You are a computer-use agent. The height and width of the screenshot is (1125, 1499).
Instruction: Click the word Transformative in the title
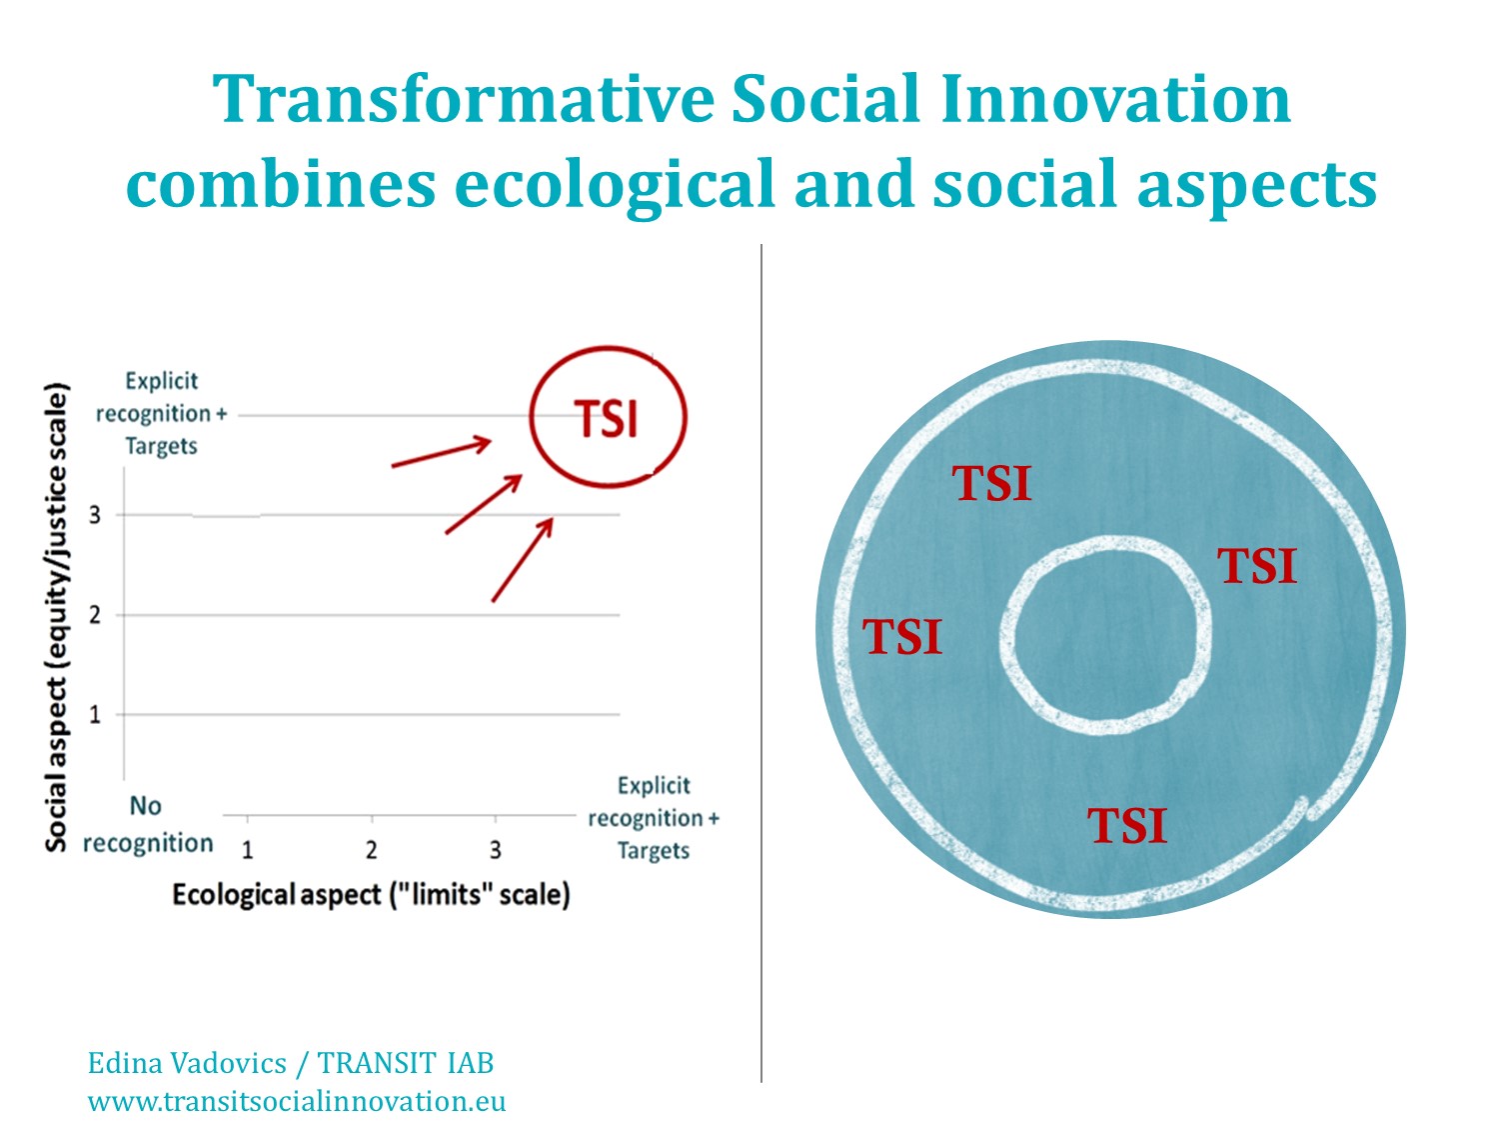464,99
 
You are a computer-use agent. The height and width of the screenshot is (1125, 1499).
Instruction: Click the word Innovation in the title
1115,99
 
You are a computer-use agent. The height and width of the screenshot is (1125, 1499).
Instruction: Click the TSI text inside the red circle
606,418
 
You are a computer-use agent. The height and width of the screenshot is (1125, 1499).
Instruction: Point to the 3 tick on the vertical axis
94,515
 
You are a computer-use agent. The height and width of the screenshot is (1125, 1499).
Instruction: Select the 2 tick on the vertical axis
94,615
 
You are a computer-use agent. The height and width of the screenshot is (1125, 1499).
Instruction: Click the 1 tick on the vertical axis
94,714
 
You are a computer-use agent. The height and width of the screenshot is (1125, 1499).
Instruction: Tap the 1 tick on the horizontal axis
247,850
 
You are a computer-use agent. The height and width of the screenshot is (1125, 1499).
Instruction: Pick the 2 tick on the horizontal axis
371,850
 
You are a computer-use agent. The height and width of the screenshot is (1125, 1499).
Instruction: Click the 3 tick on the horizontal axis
495,850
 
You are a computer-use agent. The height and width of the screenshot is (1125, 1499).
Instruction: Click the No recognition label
148,824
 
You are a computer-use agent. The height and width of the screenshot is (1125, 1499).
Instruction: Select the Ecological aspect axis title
371,895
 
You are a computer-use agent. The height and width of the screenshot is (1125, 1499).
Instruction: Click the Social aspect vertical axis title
57,617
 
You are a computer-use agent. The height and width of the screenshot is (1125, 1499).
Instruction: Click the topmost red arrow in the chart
441,453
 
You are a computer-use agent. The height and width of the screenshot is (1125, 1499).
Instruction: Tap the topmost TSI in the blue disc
991,484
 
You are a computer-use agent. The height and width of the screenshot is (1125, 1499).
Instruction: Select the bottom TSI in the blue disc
1127,826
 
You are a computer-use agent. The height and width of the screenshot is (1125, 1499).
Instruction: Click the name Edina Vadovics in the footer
187,1064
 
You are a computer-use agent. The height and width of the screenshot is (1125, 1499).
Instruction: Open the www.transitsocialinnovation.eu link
297,1101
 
